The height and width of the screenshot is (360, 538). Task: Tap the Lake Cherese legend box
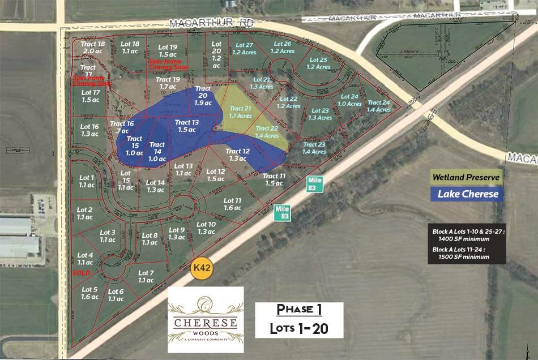click(466, 194)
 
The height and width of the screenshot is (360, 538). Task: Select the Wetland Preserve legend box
click(466, 177)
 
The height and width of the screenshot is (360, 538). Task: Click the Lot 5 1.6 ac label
click(89, 293)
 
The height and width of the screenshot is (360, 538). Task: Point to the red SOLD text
click(82, 273)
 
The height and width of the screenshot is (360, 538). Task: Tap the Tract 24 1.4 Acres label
click(378, 106)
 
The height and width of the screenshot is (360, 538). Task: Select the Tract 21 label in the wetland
click(240, 112)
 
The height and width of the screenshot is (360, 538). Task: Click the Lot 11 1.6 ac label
click(233, 204)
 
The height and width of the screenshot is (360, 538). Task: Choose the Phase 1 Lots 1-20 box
click(299, 320)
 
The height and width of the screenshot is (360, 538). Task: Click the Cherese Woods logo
click(206, 319)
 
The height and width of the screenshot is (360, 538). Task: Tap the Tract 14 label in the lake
click(157, 148)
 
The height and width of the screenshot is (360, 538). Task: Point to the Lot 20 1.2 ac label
click(216, 54)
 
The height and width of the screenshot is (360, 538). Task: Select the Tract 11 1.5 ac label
click(274, 179)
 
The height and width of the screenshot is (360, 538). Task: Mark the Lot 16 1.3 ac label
click(90, 130)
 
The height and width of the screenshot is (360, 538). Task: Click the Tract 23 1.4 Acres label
click(314, 148)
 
